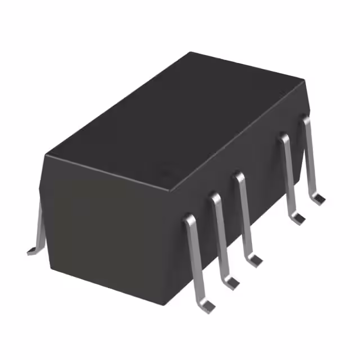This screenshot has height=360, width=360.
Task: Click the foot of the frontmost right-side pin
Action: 209,306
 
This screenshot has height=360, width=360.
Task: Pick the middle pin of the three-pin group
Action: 220,236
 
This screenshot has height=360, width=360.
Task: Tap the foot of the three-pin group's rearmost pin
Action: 255,260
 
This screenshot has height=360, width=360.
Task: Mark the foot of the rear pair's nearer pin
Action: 299,217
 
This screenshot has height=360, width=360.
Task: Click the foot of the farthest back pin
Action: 319,199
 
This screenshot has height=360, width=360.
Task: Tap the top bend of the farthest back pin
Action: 305,118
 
